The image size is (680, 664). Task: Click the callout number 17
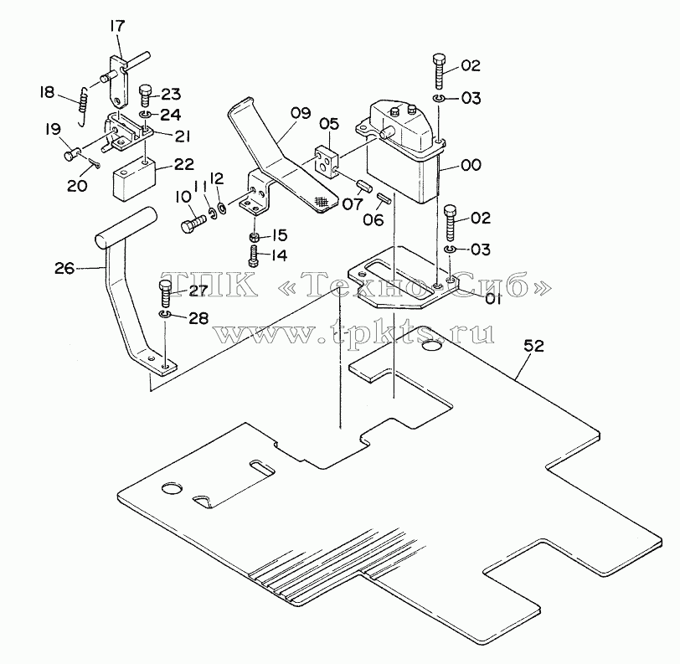117,26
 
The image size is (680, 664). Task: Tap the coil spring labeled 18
83,106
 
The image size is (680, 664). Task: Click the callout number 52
533,346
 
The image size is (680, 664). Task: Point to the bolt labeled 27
166,294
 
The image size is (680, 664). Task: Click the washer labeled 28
164,313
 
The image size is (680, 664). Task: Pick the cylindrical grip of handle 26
126,228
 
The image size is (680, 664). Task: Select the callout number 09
300,114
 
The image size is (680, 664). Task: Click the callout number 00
471,165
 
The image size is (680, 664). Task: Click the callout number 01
492,299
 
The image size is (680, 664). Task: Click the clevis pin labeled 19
71,153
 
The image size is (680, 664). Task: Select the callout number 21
183,136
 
